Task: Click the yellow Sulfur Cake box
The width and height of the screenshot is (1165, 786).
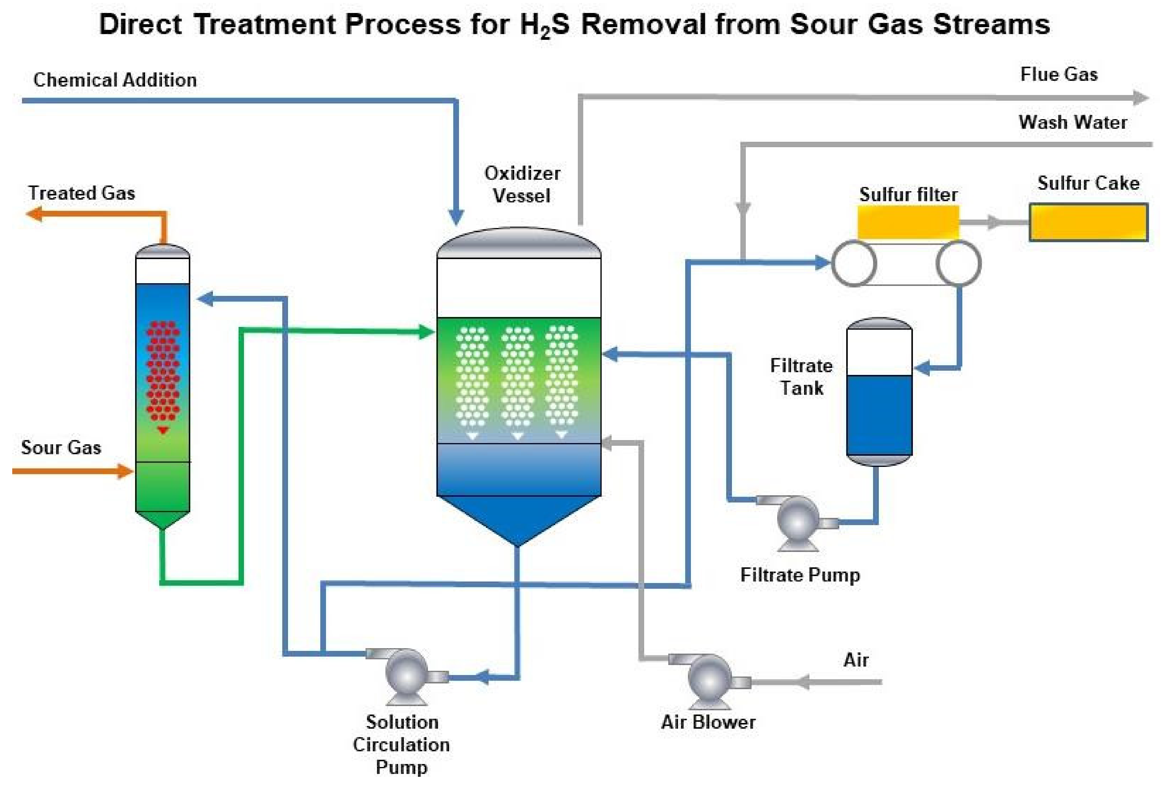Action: (x=1088, y=222)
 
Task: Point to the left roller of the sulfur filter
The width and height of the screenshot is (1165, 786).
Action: (x=854, y=263)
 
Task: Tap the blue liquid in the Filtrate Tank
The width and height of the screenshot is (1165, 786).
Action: (x=878, y=415)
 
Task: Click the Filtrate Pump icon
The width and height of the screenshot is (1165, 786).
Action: (x=797, y=519)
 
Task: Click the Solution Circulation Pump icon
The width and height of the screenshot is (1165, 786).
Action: (x=406, y=674)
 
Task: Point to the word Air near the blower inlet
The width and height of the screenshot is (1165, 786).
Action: (x=855, y=660)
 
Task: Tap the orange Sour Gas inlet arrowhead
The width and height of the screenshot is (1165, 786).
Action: (x=125, y=471)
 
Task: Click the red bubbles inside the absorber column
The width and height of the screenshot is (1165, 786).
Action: (x=162, y=371)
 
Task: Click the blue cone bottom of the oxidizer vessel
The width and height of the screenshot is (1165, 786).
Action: (x=518, y=516)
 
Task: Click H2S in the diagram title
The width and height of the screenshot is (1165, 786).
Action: (x=544, y=25)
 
